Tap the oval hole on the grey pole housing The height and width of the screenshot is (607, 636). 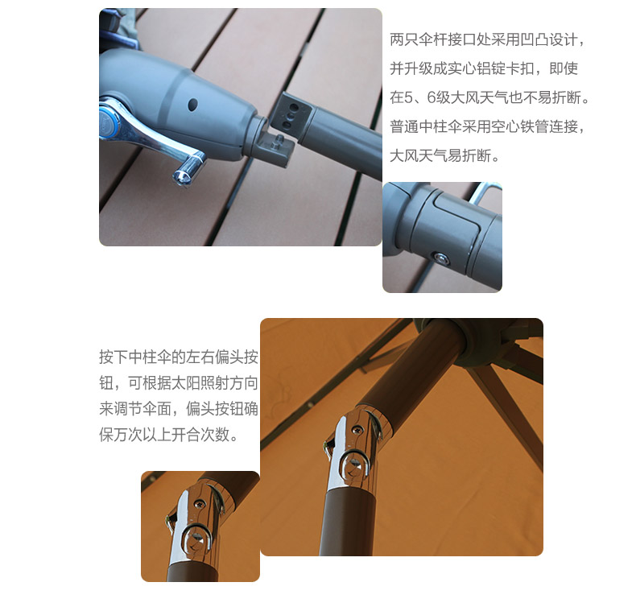pyautogui.click(x=193, y=104)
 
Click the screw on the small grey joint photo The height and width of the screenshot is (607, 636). pyautogui.click(x=441, y=258)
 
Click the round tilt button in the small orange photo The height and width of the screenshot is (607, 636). pyautogui.click(x=197, y=539)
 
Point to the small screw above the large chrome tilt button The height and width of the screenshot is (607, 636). pyautogui.click(x=357, y=429)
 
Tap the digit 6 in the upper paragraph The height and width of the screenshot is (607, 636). pyautogui.click(x=432, y=97)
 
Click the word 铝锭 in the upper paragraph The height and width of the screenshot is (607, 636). pyautogui.click(x=491, y=68)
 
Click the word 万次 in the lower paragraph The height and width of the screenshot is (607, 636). pyautogui.click(x=128, y=435)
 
